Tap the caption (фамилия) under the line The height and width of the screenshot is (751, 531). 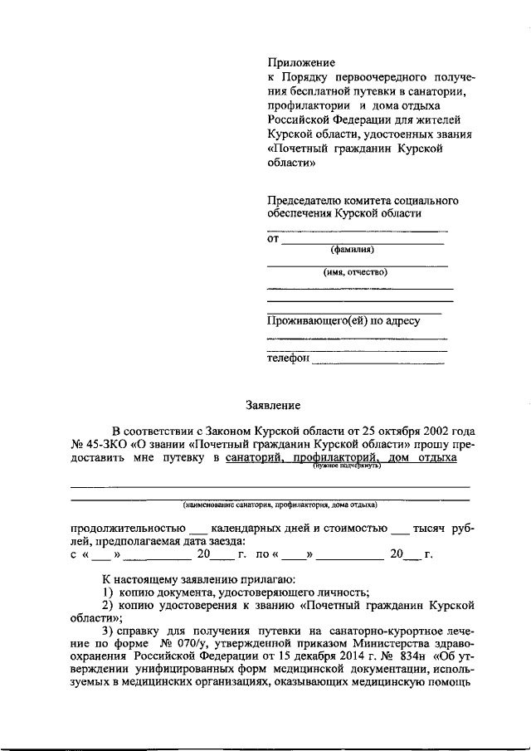pos(352,250)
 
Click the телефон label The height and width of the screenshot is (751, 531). pos(288,358)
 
